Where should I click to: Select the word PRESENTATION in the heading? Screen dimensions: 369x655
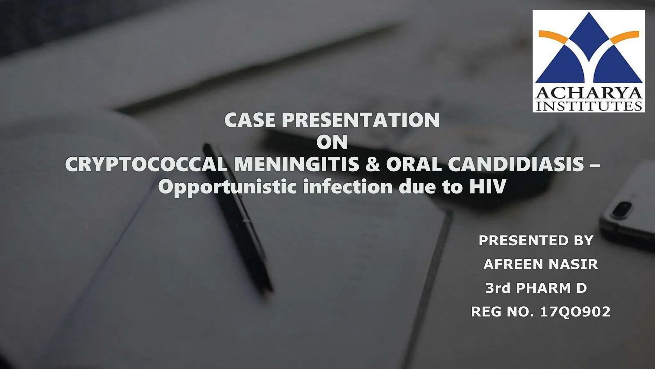pyautogui.click(x=360, y=120)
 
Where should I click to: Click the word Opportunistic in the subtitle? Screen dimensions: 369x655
pyautogui.click(x=227, y=187)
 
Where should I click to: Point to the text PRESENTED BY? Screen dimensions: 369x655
pyautogui.click(x=536, y=241)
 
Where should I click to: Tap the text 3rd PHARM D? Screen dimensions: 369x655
pyautogui.click(x=536, y=288)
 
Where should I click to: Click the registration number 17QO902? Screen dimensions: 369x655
pyautogui.click(x=575, y=312)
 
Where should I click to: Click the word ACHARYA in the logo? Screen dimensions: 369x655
pyautogui.click(x=589, y=94)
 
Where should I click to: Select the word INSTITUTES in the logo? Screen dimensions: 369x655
pyautogui.click(x=589, y=106)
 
